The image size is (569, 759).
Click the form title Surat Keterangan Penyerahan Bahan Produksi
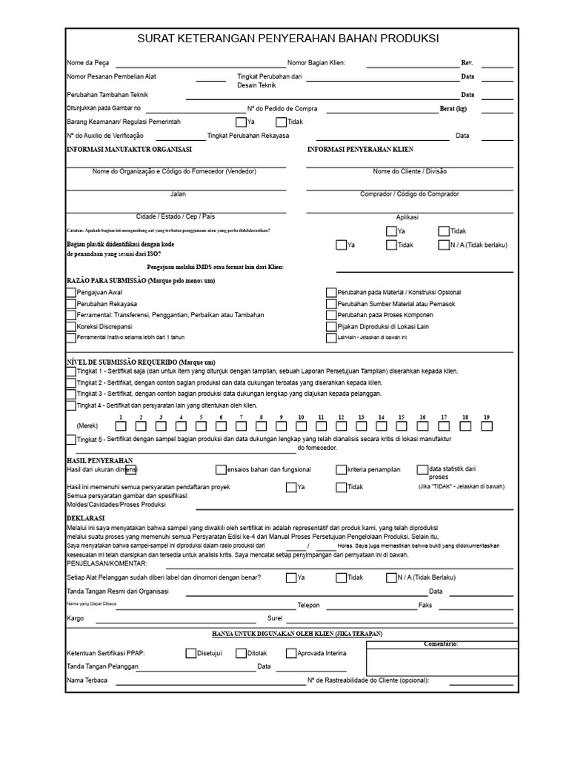pos(288,39)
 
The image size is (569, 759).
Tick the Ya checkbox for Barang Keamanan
pos(241,122)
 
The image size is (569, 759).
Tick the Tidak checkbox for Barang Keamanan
pos(281,122)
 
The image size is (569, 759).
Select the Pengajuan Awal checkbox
pos(70,293)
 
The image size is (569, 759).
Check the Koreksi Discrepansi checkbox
pos(70,326)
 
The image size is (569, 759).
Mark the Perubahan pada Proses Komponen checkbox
pos(331,315)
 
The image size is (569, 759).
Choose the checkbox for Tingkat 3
pos(70,394)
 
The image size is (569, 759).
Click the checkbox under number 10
pos(302,426)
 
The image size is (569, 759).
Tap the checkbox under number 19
pos(487,426)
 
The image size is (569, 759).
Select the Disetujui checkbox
pos(190,653)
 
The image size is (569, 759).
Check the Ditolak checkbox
pos(241,653)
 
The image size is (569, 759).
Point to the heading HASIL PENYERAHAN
pos(95,460)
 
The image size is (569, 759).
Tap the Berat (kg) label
pos(453,108)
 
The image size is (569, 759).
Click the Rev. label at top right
pos(467,63)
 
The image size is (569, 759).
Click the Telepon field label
pos(308,606)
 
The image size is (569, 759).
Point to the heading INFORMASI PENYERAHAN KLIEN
pos(360,150)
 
